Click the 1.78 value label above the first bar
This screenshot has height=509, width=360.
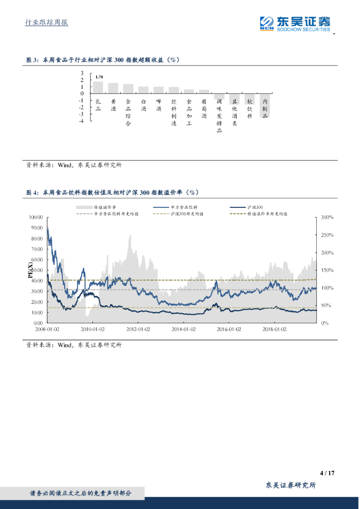coord(99,77)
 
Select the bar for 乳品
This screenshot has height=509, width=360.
coord(98,87)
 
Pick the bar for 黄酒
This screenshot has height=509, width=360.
coord(113,88)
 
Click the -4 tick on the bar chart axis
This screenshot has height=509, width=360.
coord(81,121)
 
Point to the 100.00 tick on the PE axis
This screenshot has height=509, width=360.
coord(36,217)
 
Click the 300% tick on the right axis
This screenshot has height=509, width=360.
coord(327,217)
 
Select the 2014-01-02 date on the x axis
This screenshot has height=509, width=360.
coord(183,329)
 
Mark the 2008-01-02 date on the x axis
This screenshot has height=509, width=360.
coord(47,329)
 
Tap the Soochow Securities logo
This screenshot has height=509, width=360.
coord(295,22)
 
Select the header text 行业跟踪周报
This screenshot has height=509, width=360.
coord(47,23)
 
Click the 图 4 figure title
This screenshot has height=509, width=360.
coord(112,192)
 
